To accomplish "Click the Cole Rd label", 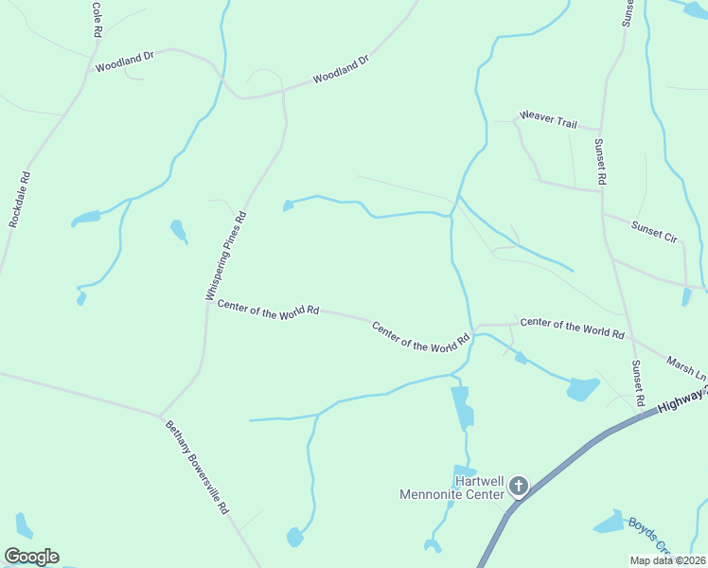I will pyautogui.click(x=97, y=19).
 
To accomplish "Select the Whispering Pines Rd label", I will pyautogui.click(x=226, y=256).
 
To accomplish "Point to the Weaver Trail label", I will pyautogui.click(x=548, y=123).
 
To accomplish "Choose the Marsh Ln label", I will pyautogui.click(x=686, y=367).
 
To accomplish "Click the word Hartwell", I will pyautogui.click(x=478, y=481).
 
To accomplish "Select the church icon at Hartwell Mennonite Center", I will pyautogui.click(x=518, y=487).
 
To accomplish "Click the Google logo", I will pyautogui.click(x=31, y=557).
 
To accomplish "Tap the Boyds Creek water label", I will pyautogui.click(x=650, y=536).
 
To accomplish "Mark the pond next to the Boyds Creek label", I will pyautogui.click(x=608, y=523).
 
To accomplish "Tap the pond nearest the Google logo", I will pyautogui.click(x=24, y=525).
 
